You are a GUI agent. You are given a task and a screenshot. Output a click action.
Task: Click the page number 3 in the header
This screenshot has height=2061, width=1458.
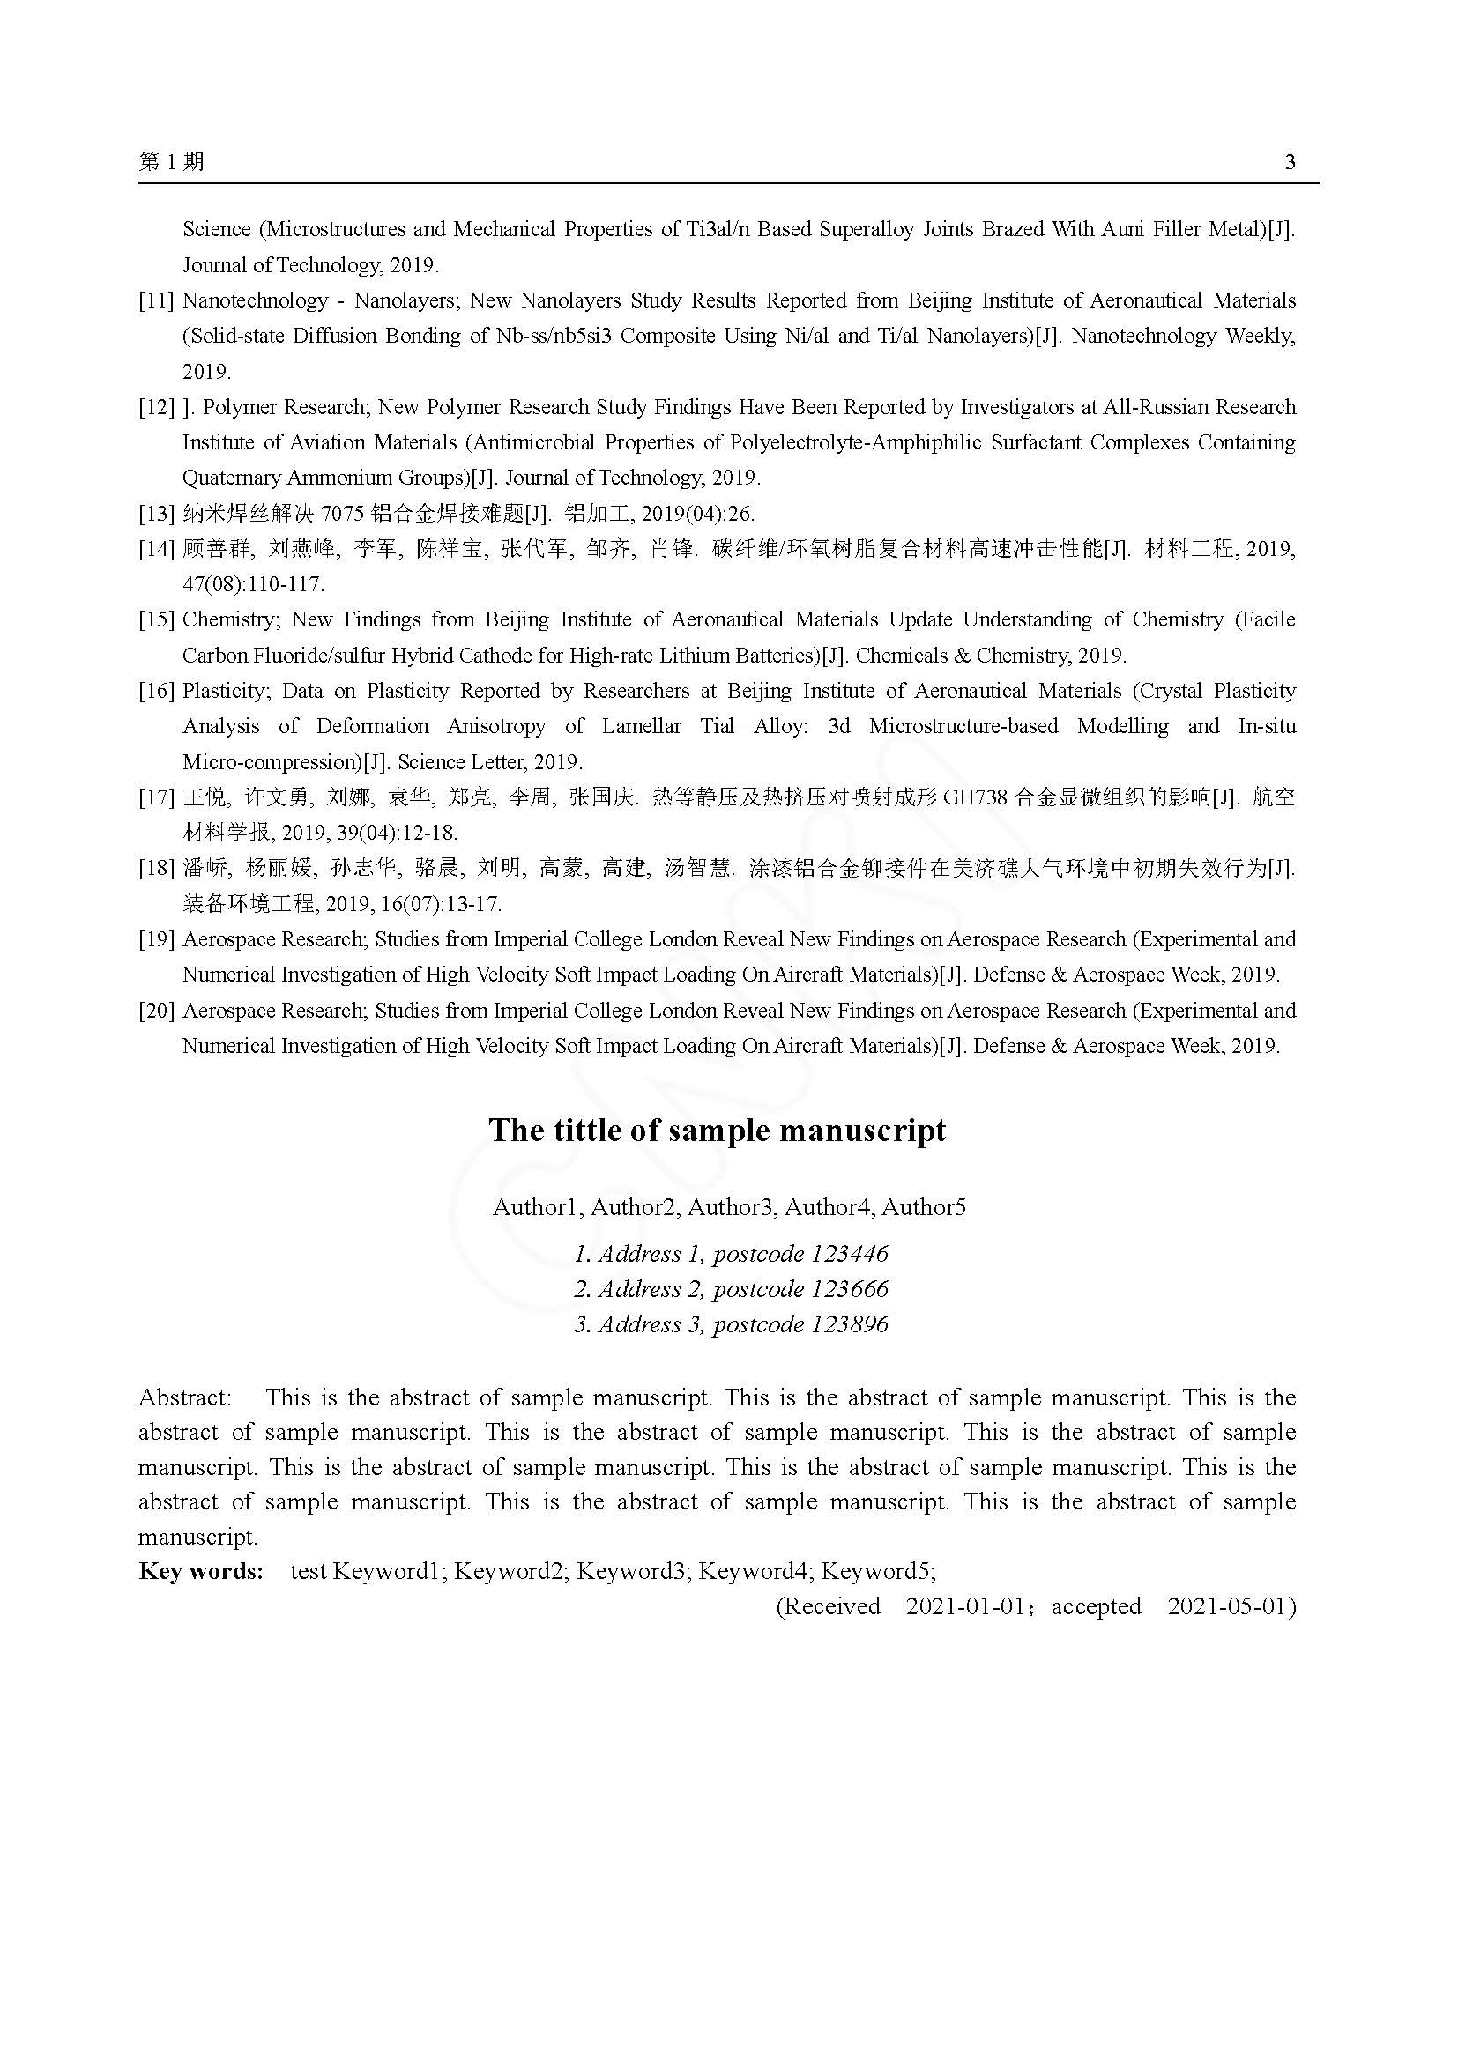click(1291, 162)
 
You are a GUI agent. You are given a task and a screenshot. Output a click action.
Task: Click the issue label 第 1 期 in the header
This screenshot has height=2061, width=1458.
click(172, 161)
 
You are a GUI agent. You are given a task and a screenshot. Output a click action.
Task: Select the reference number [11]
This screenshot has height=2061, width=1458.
click(156, 300)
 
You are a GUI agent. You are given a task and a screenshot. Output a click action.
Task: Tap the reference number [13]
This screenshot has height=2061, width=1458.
click(156, 514)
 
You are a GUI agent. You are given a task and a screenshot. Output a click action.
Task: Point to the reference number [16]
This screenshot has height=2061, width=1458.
click(156, 691)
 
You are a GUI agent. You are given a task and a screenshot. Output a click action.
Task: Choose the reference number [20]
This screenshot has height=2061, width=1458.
click(156, 1011)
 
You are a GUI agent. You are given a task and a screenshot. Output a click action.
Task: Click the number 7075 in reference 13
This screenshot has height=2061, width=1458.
click(342, 514)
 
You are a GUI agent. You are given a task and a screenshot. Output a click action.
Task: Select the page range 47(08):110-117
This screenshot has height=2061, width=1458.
click(253, 584)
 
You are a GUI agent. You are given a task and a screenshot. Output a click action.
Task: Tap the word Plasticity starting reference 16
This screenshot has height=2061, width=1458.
click(225, 691)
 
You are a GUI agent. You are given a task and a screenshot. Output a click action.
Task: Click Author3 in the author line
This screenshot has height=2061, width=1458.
click(730, 1207)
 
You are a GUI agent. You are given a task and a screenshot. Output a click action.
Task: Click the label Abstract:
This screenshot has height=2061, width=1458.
click(185, 1397)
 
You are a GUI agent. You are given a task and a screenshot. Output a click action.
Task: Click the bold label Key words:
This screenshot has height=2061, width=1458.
click(201, 1571)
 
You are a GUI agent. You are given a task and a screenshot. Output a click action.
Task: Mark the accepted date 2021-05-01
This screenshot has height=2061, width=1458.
click(1231, 1606)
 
